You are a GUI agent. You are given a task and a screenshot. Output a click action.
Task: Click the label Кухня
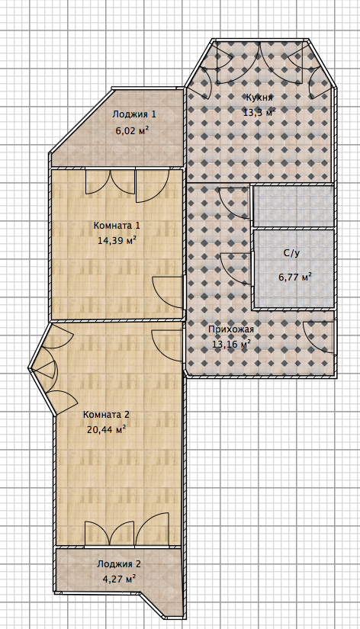259,98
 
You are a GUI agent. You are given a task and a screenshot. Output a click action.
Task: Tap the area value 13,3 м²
259,112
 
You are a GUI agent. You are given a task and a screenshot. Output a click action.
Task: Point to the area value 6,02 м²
133,130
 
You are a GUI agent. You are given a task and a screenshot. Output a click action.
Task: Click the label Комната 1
117,226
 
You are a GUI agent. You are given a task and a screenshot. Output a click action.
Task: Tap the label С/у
291,254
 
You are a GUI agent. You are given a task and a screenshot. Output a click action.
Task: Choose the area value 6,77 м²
295,277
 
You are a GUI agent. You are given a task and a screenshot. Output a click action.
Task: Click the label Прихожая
231,329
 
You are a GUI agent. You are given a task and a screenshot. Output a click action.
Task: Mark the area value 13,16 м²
232,344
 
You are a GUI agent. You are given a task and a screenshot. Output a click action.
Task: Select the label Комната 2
106,415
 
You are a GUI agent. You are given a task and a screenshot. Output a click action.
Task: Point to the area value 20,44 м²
107,430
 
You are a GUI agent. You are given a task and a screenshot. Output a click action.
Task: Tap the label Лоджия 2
119,564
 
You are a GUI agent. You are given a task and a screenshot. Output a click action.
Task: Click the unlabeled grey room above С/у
293,206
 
